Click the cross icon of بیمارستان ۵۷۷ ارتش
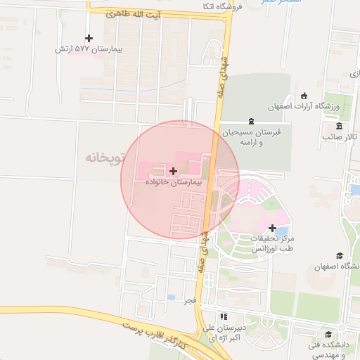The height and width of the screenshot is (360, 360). coord(88,39)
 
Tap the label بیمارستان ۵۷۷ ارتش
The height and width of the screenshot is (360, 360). coord(89,50)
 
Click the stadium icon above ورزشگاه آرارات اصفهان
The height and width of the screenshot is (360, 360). coord(304,96)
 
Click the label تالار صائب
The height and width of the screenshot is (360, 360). coord(340,136)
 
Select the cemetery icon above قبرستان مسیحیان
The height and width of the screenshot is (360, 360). coord(251,121)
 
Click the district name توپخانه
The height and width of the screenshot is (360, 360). coord(105,157)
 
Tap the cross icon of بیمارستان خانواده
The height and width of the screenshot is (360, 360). coord(174,171)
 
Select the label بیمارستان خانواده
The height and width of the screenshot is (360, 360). coord(174,181)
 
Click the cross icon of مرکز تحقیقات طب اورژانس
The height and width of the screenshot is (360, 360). coord(273,228)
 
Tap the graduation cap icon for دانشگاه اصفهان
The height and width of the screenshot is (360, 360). coord(340,256)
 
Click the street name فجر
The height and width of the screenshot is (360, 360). coord(188,300)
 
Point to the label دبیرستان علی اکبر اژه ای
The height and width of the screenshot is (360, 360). coord(223,332)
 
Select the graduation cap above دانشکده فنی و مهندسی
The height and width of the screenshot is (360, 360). coord(329,334)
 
